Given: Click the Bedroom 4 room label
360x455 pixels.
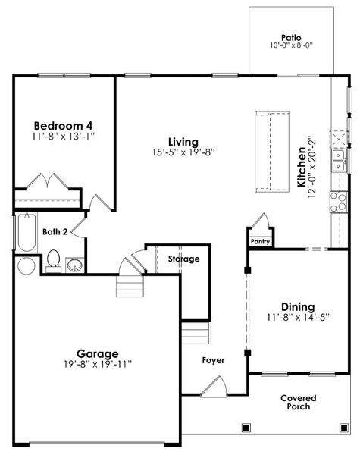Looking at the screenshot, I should (64, 125).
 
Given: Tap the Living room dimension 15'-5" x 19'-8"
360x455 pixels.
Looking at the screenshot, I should (183, 152).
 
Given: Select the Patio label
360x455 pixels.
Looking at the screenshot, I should (291, 36).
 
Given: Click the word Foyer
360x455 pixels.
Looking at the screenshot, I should (213, 359).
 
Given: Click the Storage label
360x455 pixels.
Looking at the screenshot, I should (183, 259).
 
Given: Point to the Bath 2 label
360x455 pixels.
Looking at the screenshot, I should (55, 232).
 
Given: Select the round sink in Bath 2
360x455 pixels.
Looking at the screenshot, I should (75, 265).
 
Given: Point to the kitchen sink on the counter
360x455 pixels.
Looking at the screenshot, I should (338, 158).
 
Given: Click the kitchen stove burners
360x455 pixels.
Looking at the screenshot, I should (335, 201).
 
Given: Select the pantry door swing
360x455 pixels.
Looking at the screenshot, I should (260, 224).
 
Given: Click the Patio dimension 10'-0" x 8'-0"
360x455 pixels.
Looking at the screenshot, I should (291, 45).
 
